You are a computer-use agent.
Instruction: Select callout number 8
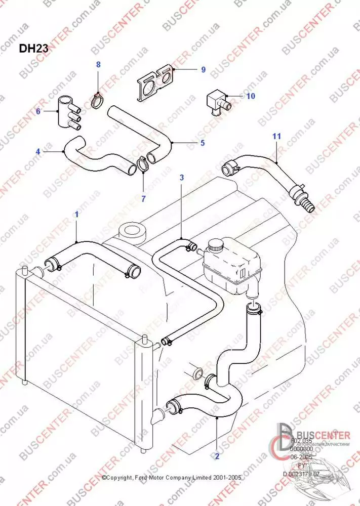(99, 64)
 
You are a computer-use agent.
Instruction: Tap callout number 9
(203, 70)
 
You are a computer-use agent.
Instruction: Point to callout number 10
(251, 95)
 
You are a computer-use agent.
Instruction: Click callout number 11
(276, 136)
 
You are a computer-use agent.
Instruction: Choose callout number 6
(38, 111)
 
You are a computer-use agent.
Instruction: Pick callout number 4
(37, 150)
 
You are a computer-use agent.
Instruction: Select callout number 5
(203, 143)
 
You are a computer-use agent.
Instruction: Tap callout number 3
(182, 178)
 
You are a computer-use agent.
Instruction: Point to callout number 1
(76, 214)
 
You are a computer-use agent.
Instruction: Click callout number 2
(217, 455)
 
